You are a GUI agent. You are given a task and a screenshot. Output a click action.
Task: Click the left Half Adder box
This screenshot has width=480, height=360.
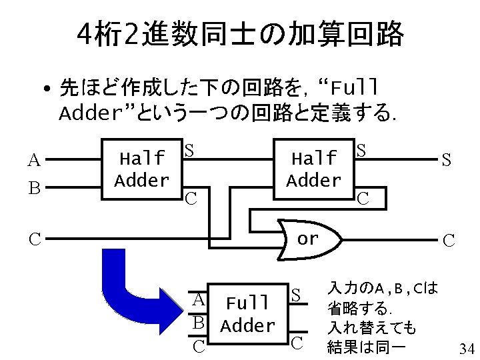tap(141, 169)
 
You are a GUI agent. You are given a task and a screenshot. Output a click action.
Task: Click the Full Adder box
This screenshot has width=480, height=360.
tap(247, 315)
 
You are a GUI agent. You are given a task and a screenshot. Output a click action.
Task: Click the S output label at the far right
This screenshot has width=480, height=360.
tap(446, 160)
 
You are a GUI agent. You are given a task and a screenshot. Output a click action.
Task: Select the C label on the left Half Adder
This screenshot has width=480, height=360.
tap(191, 198)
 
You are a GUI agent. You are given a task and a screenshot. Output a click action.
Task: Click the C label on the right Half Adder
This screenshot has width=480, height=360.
tap(363, 198)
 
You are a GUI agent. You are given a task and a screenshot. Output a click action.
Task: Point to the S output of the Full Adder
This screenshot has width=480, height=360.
tap(297, 294)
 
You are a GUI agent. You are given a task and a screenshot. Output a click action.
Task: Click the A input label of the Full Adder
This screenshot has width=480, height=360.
tap(198, 299)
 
